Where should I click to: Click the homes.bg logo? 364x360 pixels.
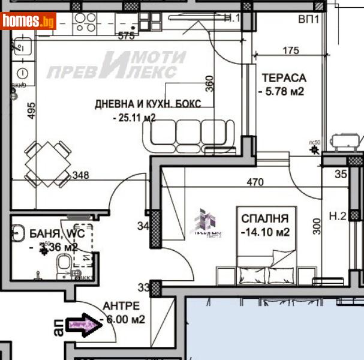[29, 21]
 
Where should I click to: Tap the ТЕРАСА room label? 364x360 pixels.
[284, 78]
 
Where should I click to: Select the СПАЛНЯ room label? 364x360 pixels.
[264, 218]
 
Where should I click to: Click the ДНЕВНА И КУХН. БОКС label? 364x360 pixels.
[148, 104]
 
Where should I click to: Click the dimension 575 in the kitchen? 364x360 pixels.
[127, 36]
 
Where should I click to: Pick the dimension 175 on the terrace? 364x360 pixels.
[290, 51]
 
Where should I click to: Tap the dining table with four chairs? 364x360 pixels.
[49, 163]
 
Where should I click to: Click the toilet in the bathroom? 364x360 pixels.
[62, 264]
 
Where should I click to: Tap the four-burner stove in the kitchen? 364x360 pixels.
[85, 22]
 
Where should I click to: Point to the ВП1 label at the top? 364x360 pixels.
[308, 19]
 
